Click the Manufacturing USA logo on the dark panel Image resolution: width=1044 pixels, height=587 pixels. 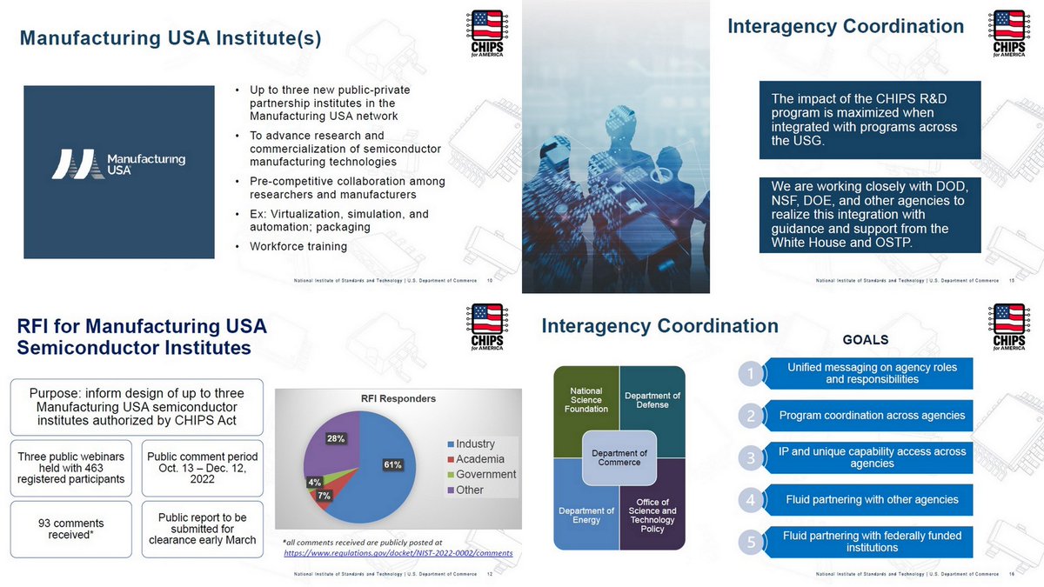click(x=118, y=163)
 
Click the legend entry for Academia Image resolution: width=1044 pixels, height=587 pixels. click(x=479, y=459)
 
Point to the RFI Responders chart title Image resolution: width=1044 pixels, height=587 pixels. click(x=398, y=399)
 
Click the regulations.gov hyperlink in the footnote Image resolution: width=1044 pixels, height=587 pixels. click(x=398, y=553)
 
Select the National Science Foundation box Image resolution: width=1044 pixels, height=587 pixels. click(x=586, y=400)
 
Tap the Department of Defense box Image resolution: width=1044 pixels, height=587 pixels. click(x=652, y=400)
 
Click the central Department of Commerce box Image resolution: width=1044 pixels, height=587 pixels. click(x=619, y=458)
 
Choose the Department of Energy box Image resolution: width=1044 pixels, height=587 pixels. click(x=586, y=516)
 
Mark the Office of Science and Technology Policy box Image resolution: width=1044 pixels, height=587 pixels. click(x=652, y=516)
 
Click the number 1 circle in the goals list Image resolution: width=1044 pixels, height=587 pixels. click(x=750, y=374)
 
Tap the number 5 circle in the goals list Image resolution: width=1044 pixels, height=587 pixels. click(x=750, y=542)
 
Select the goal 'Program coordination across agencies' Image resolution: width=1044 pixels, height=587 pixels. click(x=871, y=416)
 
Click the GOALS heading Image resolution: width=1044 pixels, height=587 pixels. click(x=866, y=340)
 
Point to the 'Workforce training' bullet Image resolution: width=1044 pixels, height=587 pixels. click(x=298, y=246)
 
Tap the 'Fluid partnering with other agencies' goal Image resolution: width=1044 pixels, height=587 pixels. click(x=871, y=500)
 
